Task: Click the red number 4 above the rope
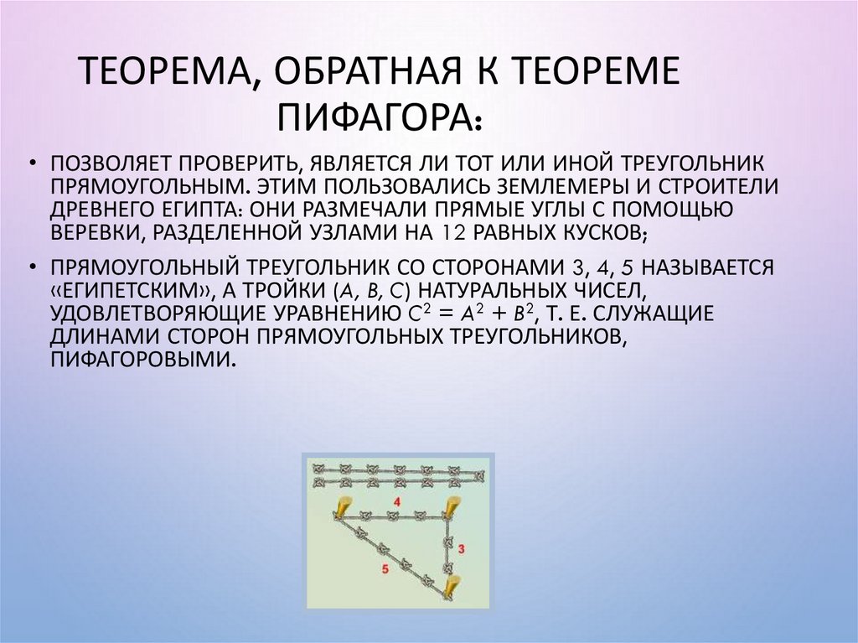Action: [x=396, y=501]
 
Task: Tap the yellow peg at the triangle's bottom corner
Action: [x=452, y=586]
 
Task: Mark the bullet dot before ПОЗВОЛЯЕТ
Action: [x=32, y=163]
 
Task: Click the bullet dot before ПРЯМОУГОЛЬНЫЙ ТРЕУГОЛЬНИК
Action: [x=32, y=268]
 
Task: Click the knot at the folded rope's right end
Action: [x=478, y=476]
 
